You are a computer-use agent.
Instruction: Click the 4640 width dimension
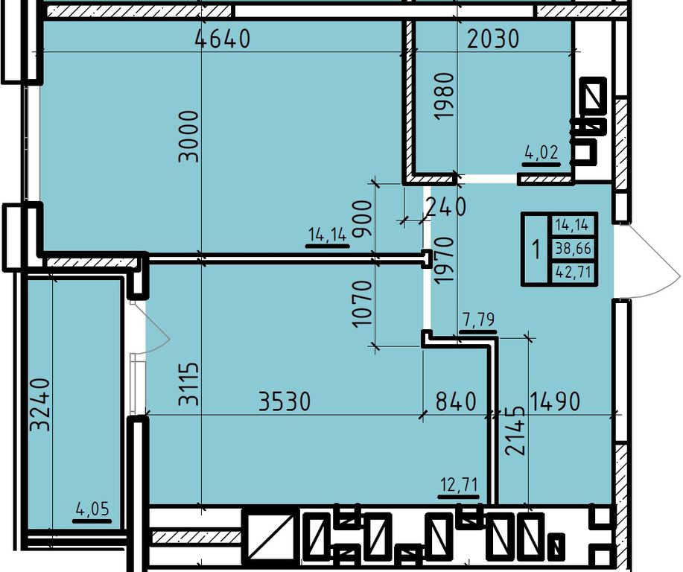[223, 38]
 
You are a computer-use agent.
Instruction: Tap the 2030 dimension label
[493, 39]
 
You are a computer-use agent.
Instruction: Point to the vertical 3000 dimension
[188, 136]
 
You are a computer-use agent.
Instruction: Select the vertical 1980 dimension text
[445, 96]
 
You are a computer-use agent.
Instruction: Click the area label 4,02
[541, 153]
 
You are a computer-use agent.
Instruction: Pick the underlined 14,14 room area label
[328, 235]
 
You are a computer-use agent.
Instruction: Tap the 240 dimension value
[445, 206]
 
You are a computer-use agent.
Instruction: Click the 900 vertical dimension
[362, 219]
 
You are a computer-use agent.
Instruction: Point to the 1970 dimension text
[445, 261]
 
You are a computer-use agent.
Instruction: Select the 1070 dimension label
[362, 304]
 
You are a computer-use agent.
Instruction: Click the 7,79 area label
[478, 320]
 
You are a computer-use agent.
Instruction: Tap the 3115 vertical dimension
[188, 384]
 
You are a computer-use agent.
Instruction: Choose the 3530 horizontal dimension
[285, 401]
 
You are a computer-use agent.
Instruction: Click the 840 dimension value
[456, 401]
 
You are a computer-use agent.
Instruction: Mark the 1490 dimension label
[554, 401]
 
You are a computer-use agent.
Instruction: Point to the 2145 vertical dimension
[515, 430]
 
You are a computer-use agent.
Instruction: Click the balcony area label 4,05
[92, 509]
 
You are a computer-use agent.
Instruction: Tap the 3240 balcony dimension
[40, 404]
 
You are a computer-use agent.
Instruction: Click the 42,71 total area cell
[573, 273]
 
